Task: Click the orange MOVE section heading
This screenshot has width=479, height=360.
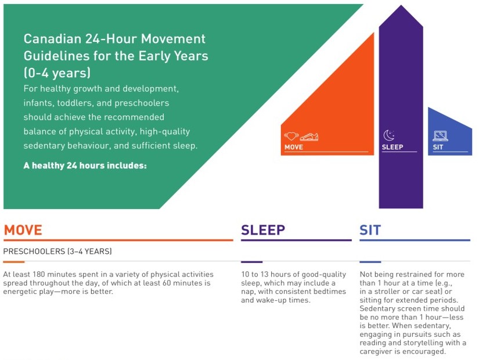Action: (23, 230)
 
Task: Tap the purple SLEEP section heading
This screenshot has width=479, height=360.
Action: (263, 230)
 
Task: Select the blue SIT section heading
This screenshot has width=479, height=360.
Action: (370, 230)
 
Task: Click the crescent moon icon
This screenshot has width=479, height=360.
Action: (388, 135)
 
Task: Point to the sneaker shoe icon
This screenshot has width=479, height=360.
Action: (309, 136)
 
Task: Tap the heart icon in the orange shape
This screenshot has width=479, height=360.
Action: (291, 136)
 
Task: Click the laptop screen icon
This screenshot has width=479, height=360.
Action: (440, 136)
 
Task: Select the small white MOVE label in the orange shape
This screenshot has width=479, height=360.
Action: (294, 147)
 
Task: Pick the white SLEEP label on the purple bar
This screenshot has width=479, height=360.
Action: (392, 147)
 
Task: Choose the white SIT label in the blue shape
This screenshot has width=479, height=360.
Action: (438, 147)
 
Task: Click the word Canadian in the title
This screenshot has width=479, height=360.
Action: (52, 39)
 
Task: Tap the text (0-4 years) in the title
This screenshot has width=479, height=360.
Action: (57, 73)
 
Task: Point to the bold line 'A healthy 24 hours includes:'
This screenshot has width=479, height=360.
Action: (85, 165)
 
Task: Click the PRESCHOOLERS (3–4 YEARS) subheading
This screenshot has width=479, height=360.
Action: (57, 251)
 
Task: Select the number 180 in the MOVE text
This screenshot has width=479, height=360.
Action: (38, 274)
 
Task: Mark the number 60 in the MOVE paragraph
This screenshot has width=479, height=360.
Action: (167, 283)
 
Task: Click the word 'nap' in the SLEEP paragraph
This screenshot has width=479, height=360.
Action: (247, 292)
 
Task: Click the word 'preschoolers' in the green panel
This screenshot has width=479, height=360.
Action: (142, 103)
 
